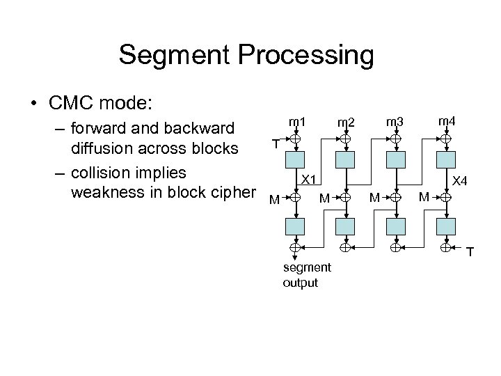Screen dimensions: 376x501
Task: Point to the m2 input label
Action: [x=346, y=123]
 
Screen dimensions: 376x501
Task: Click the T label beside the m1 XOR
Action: [x=276, y=144]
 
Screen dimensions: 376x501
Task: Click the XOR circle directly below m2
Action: [x=346, y=139]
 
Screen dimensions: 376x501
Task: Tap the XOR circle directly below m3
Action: [x=395, y=139]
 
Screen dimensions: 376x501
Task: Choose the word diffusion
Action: [x=105, y=150]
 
